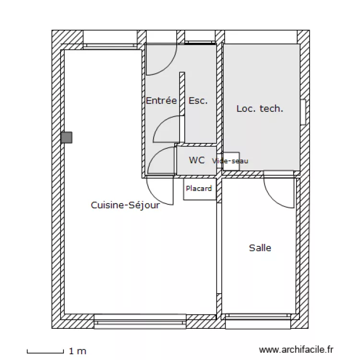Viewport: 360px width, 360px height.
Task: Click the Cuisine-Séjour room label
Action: pyautogui.click(x=125, y=205)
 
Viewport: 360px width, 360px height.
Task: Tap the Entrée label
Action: pyautogui.click(x=161, y=101)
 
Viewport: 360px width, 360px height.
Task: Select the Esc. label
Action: pyautogui.click(x=198, y=101)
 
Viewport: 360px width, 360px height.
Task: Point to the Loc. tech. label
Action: pyautogui.click(x=260, y=109)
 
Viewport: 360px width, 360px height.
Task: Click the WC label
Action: pyautogui.click(x=196, y=160)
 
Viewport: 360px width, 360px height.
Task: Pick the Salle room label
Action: pyautogui.click(x=260, y=248)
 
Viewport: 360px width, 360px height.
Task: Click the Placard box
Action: pyautogui.click(x=199, y=189)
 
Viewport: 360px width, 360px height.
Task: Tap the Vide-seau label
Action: pyautogui.click(x=230, y=161)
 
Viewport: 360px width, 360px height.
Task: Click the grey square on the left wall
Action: pyautogui.click(x=66, y=138)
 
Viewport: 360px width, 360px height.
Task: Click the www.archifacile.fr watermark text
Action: pyautogui.click(x=296, y=351)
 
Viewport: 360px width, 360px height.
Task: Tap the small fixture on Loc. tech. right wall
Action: pyautogui.click(x=303, y=112)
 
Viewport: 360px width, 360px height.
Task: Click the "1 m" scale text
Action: pyautogui.click(x=78, y=351)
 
